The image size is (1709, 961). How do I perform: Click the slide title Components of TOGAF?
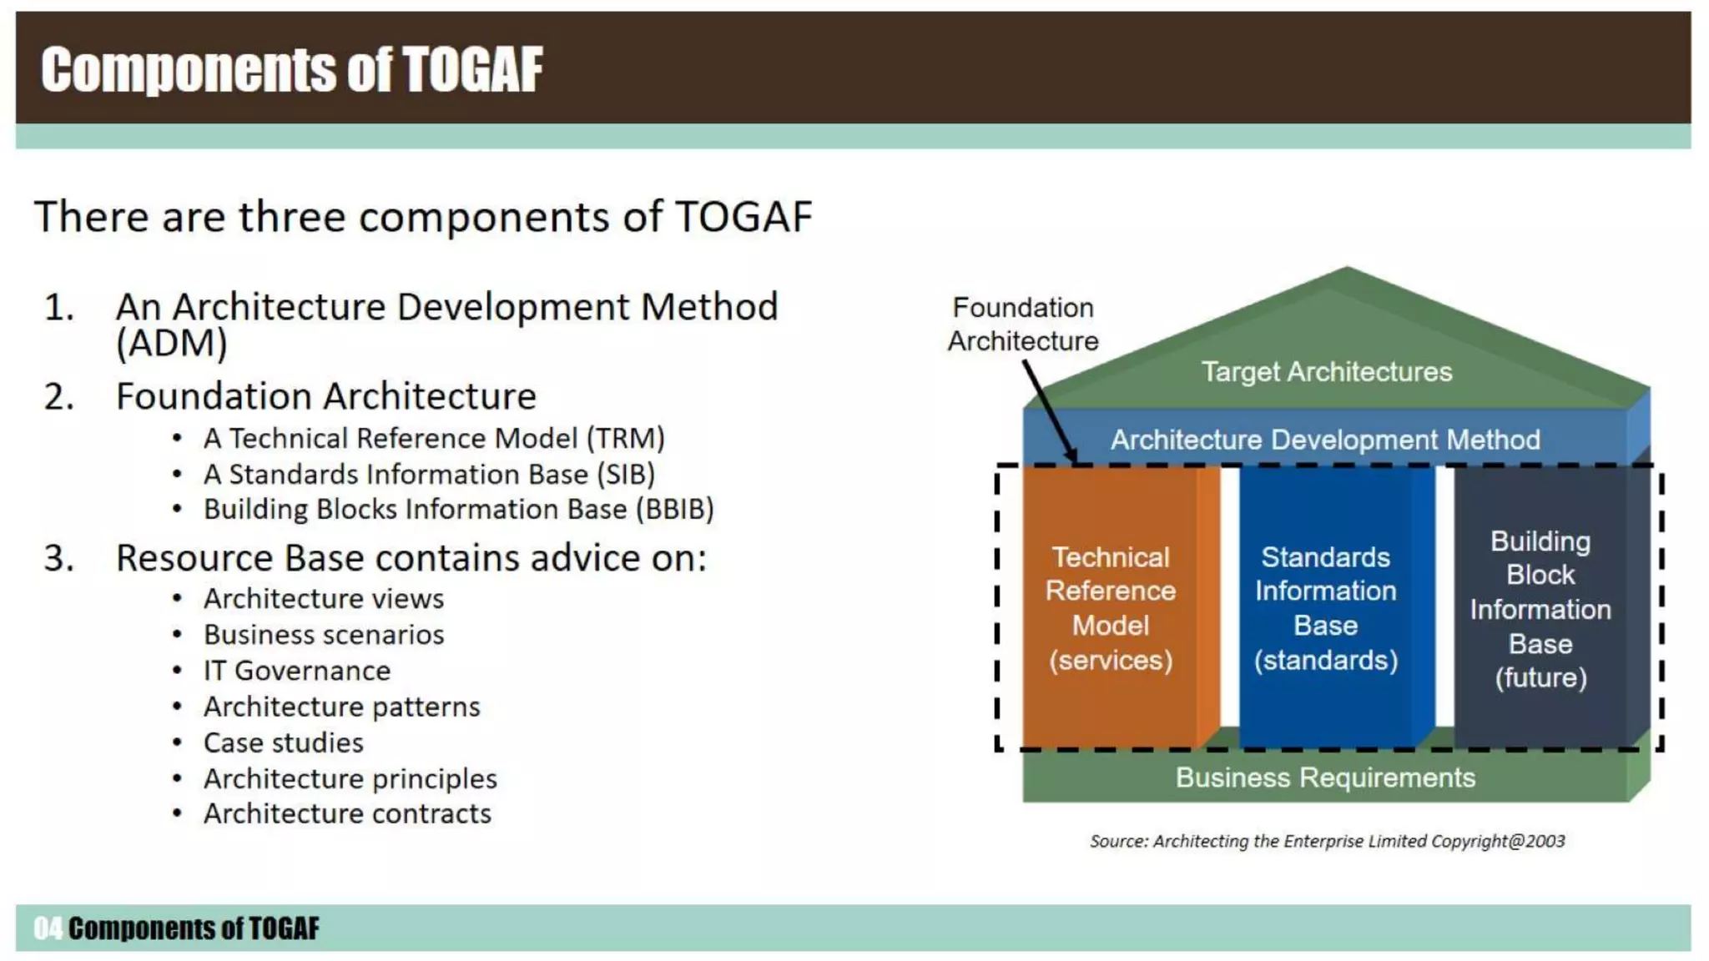point(291,69)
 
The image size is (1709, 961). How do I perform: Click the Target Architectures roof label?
point(1326,372)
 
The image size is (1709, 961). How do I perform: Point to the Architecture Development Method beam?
point(1324,440)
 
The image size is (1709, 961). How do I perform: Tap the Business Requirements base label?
point(1324,777)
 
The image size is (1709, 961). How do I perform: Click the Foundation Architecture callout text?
point(1023,325)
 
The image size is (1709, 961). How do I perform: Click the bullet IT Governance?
point(296,671)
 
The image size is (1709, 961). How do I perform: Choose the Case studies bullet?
point(283,742)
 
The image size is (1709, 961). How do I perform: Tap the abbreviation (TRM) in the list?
point(625,439)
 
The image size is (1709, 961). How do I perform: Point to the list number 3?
point(58,558)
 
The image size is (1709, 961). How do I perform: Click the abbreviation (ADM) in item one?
point(171,344)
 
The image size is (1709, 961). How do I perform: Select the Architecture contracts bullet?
point(347,813)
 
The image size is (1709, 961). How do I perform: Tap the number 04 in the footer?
point(48,928)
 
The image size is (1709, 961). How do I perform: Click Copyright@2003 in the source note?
point(1498,841)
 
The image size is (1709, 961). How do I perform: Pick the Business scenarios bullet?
point(324,635)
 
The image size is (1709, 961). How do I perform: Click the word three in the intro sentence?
point(291,217)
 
